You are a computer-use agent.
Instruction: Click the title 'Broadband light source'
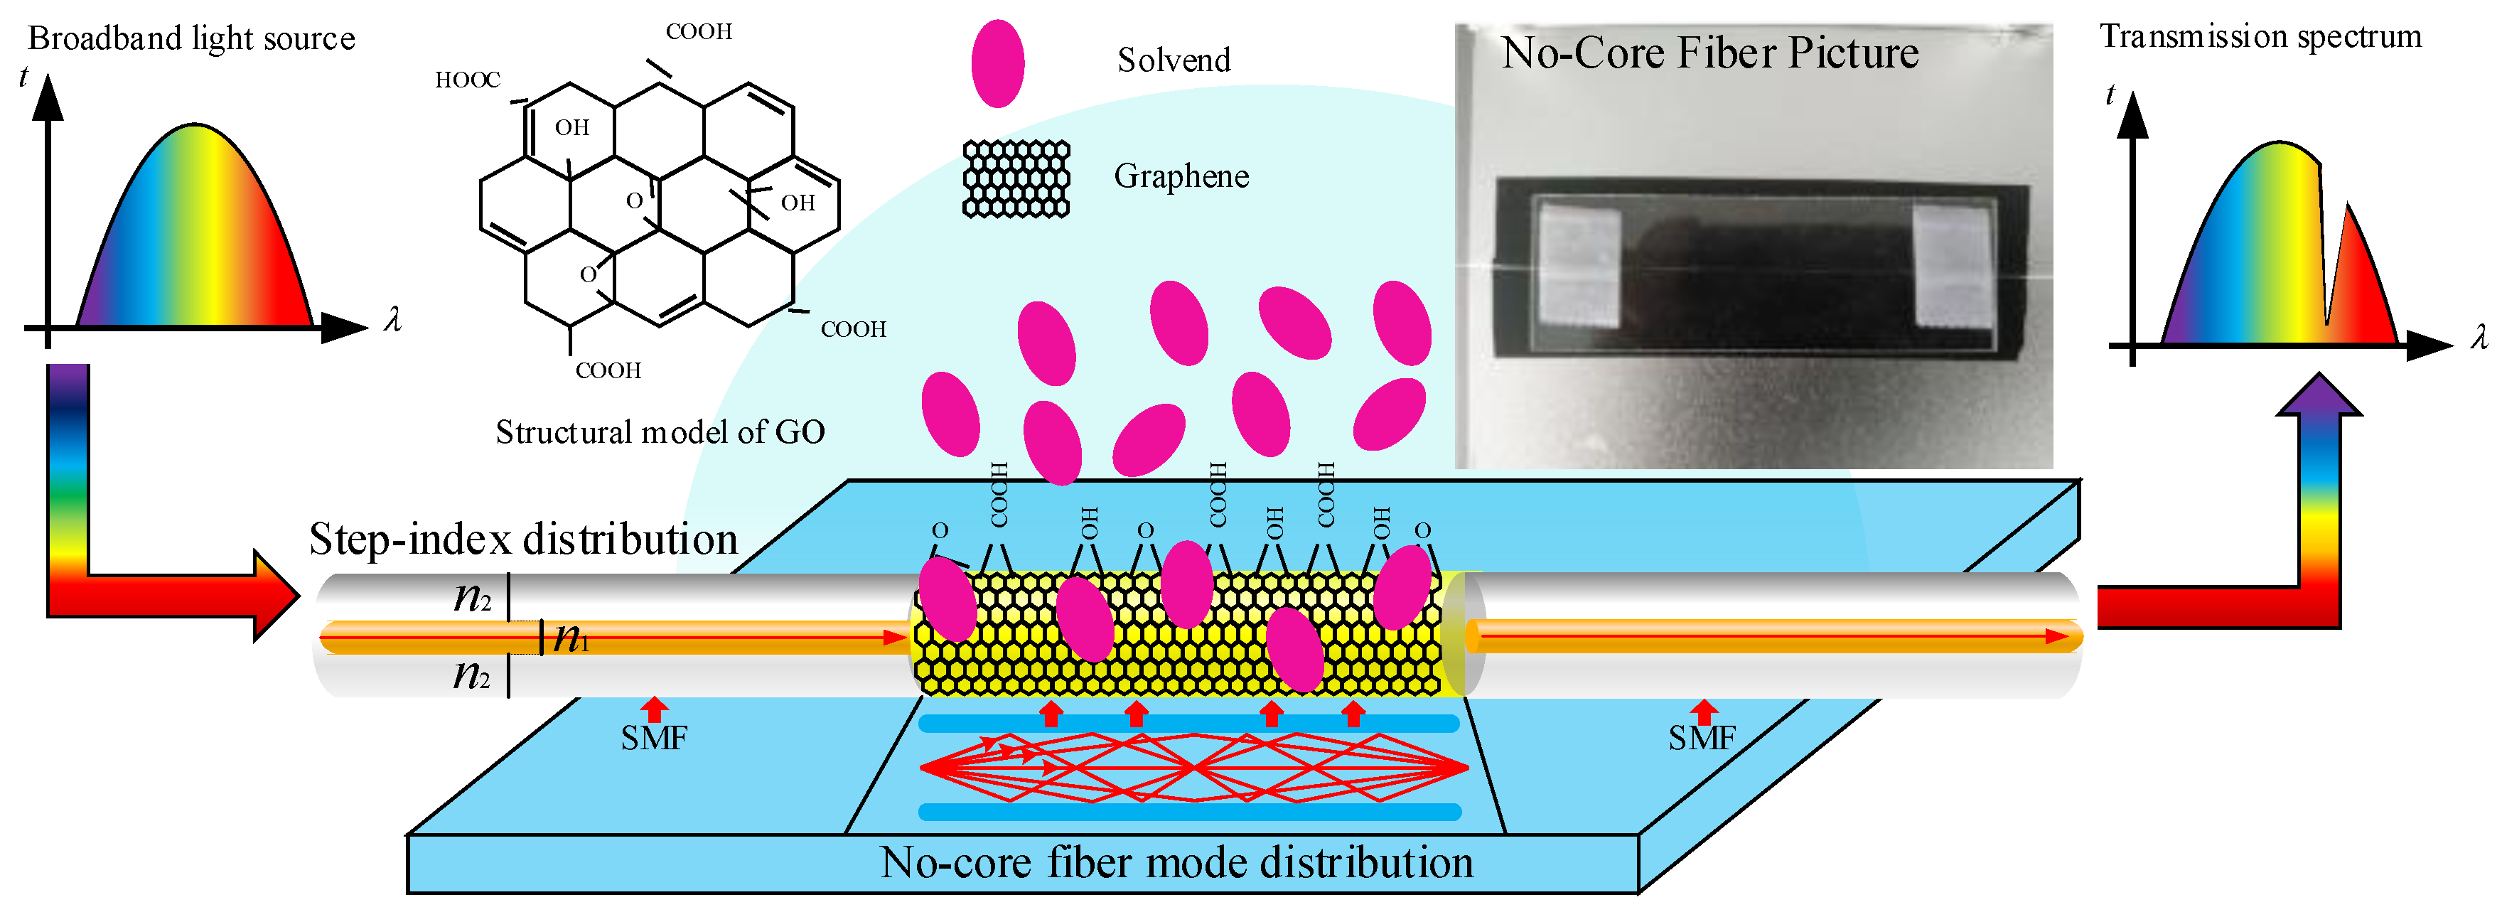click(191, 39)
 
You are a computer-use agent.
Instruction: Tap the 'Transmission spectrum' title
click(2260, 37)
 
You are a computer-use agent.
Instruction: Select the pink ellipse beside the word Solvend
click(997, 63)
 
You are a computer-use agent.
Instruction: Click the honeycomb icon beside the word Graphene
click(1016, 178)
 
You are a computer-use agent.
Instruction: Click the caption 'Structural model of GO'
click(660, 432)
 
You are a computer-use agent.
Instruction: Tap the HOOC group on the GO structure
click(467, 80)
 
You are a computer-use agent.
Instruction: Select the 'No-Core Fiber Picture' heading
click(1709, 53)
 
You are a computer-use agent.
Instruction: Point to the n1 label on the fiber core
click(571, 638)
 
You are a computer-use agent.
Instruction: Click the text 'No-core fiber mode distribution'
click(1176, 862)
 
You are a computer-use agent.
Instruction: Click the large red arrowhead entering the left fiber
click(276, 596)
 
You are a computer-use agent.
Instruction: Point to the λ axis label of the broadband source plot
click(392, 320)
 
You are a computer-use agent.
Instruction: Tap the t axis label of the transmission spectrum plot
click(2110, 95)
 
